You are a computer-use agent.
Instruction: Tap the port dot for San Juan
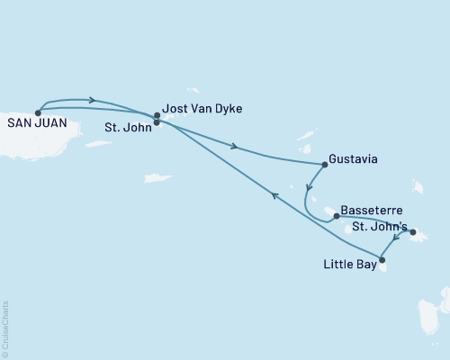(38, 112)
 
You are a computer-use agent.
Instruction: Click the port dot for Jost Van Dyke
(157, 115)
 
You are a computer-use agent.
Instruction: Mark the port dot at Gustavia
(325, 165)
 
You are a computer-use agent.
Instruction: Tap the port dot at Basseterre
(336, 216)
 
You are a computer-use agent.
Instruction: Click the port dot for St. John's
(413, 233)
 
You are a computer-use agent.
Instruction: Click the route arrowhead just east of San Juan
(91, 99)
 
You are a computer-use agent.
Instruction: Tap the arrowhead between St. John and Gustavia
(235, 148)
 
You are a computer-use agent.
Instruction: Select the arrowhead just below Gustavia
(309, 190)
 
